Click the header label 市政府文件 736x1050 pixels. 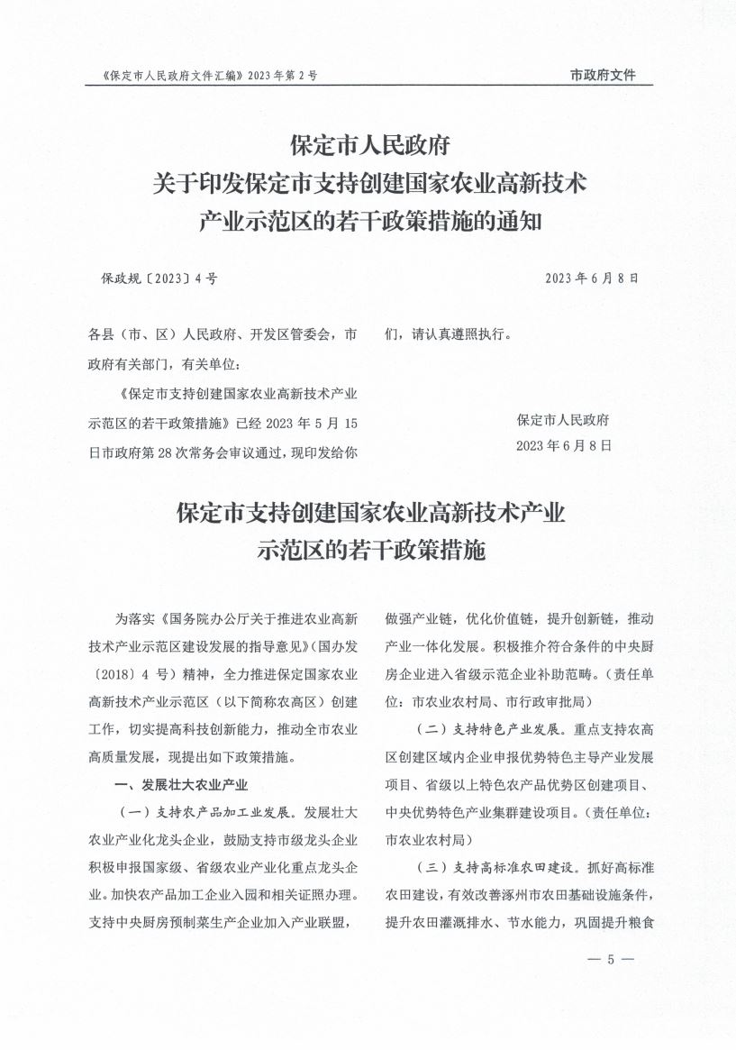point(603,76)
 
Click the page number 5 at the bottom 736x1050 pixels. point(610,959)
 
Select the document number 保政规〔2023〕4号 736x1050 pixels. point(159,278)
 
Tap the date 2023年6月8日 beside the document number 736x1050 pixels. point(592,278)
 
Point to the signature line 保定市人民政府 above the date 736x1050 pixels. point(564,420)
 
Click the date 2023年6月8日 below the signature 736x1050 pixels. point(564,445)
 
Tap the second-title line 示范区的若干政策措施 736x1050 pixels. point(371,552)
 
